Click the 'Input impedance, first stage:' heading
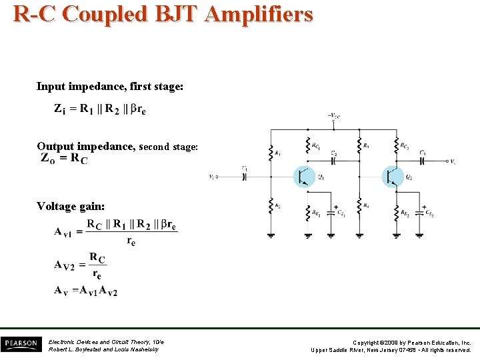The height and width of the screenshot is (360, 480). pos(110,87)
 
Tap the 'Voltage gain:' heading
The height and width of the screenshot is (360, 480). pos(71,206)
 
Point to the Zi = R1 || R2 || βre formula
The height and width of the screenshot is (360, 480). pos(100,109)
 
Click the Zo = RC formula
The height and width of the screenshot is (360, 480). pos(64,159)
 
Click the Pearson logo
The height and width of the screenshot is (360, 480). pos(20,343)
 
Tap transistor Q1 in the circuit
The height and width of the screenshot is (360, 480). pos(304,177)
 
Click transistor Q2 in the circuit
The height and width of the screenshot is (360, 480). pos(393,177)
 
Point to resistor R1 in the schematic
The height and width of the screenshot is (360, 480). pos(271,153)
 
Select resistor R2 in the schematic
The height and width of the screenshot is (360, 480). pos(271,205)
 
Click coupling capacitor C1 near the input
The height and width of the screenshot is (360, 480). pos(245,176)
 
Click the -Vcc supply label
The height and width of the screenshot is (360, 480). pos(333,115)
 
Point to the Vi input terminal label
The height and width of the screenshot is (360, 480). pos(211,177)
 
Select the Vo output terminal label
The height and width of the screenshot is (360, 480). pos(453,161)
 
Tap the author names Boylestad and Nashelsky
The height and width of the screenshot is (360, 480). pos(104,349)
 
